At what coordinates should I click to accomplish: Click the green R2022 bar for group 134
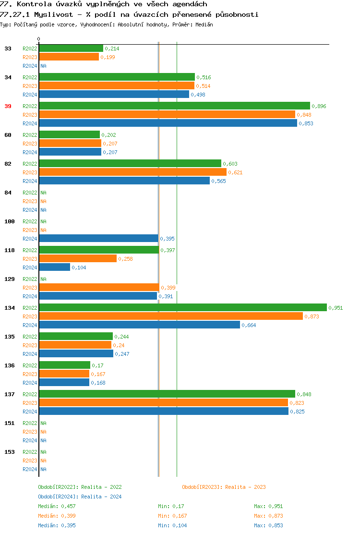(x=182, y=307)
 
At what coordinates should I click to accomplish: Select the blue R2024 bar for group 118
(x=54, y=267)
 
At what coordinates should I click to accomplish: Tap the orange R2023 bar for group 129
(x=99, y=287)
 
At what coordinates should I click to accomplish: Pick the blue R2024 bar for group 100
(x=98, y=238)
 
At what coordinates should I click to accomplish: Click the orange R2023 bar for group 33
(x=69, y=57)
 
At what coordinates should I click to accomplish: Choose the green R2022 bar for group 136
(x=64, y=365)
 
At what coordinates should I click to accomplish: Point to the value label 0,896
(x=319, y=106)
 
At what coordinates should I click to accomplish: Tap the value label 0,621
(x=235, y=172)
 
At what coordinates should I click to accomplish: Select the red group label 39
(x=8, y=106)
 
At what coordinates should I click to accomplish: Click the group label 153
(x=10, y=452)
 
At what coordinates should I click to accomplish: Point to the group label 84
(x=8, y=193)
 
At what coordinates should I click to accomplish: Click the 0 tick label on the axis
(x=39, y=39)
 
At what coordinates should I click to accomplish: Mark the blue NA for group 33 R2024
(x=43, y=66)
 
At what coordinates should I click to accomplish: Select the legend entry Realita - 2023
(x=224, y=487)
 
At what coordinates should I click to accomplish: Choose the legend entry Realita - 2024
(x=80, y=497)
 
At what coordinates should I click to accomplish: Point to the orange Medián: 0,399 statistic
(x=57, y=516)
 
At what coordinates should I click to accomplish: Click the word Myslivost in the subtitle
(x=54, y=14)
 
